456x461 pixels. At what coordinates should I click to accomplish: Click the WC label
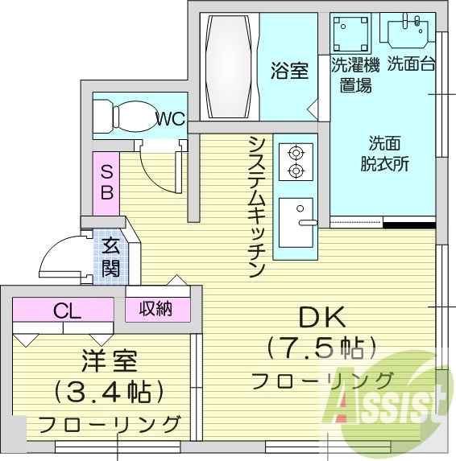point(170,120)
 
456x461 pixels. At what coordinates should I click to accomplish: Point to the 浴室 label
point(288,71)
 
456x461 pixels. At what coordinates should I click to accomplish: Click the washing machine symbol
point(351,35)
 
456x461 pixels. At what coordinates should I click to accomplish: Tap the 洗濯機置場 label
point(354,75)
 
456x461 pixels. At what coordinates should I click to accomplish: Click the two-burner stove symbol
point(296,161)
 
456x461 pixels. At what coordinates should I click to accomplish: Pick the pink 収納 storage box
point(158,308)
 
